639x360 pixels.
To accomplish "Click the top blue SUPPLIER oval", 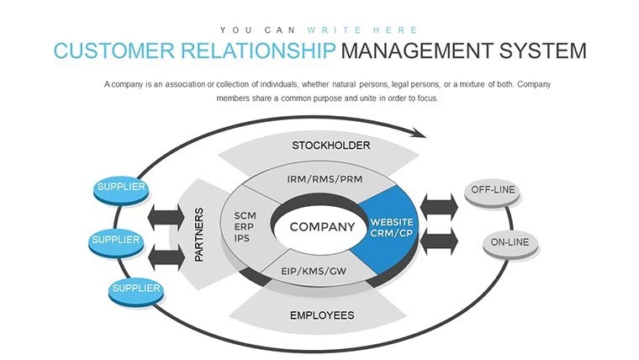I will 120,188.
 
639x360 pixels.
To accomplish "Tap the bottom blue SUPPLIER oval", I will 135,289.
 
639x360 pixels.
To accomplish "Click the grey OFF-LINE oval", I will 493,191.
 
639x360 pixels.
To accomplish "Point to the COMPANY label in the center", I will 322,227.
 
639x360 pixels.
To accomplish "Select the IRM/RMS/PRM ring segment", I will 323,180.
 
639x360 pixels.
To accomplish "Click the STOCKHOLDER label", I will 330,146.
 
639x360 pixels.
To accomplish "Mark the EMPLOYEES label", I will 322,316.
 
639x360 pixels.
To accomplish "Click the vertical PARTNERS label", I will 199,235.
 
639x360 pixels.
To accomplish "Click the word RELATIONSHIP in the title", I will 244,50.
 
